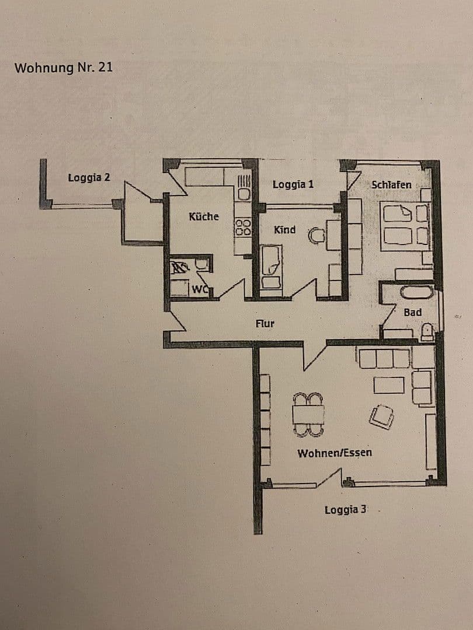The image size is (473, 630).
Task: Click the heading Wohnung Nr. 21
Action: pyautogui.click(x=63, y=67)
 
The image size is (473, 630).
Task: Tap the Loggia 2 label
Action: pyautogui.click(x=89, y=177)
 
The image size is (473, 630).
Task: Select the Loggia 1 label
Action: pyautogui.click(x=293, y=184)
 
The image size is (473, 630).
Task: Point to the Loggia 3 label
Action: pyautogui.click(x=346, y=510)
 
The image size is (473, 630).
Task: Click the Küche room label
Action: pyautogui.click(x=204, y=216)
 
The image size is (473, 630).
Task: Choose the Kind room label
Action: pyautogui.click(x=284, y=230)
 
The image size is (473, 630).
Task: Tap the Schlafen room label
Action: pyautogui.click(x=391, y=184)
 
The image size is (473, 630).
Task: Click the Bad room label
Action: pyautogui.click(x=412, y=313)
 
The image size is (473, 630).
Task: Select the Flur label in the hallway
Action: pyautogui.click(x=265, y=323)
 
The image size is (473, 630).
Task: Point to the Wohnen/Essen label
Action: pyautogui.click(x=335, y=453)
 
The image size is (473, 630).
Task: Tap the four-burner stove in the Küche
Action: pyautogui.click(x=243, y=227)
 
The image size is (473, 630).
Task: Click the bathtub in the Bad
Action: pyautogui.click(x=415, y=292)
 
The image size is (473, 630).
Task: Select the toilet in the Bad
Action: pyautogui.click(x=427, y=332)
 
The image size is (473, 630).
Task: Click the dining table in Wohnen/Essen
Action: pyautogui.click(x=308, y=414)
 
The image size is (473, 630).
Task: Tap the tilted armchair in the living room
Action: pyautogui.click(x=381, y=416)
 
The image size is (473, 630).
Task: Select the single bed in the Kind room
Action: pyautogui.click(x=271, y=267)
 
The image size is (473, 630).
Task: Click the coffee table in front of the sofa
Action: pyautogui.click(x=389, y=385)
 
